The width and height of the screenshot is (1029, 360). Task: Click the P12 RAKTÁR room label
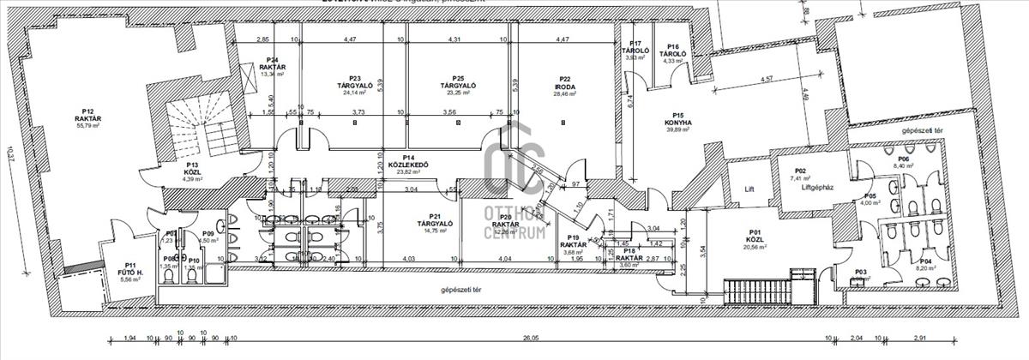(x=87, y=115)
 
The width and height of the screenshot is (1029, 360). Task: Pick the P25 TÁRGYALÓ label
(x=458, y=85)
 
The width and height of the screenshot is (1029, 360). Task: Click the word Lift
(x=749, y=189)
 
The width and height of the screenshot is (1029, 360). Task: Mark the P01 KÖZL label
(x=755, y=237)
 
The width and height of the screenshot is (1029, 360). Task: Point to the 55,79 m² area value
(x=87, y=126)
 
